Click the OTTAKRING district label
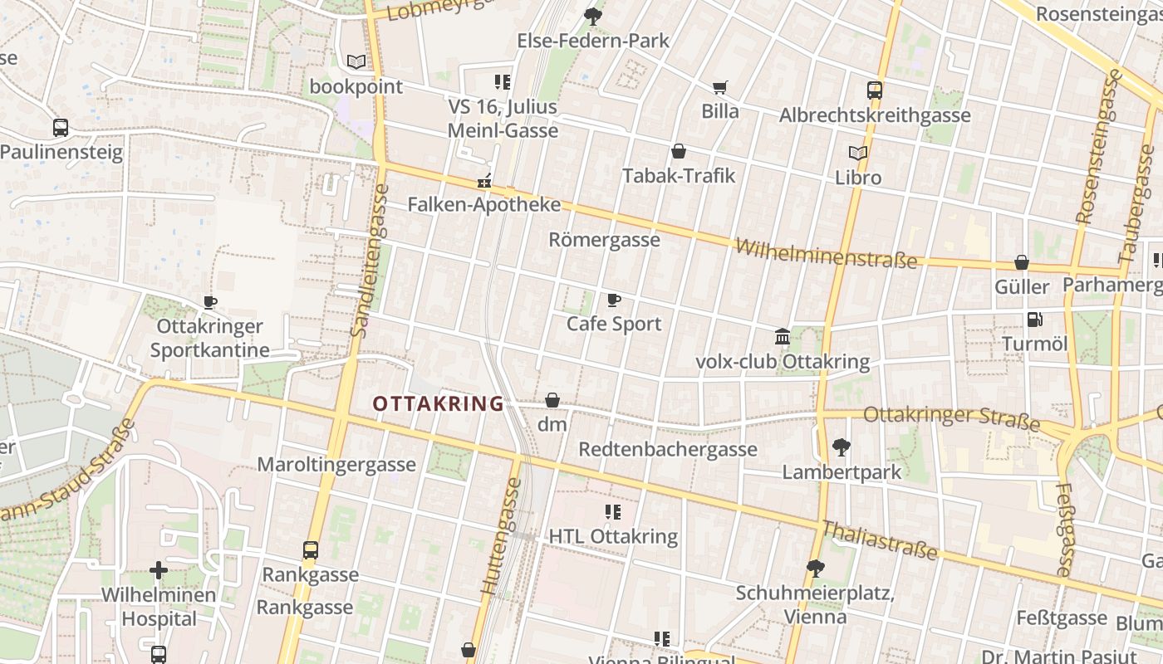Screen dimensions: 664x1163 pyautogui.click(x=438, y=404)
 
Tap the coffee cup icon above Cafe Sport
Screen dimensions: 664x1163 pyautogui.click(x=614, y=300)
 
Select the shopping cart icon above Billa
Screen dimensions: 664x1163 pyautogui.click(x=719, y=87)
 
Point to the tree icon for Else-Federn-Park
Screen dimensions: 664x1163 pyautogui.click(x=592, y=15)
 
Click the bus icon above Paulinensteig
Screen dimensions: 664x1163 pyautogui.click(x=61, y=128)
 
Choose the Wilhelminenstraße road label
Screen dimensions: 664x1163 pyautogui.click(x=827, y=253)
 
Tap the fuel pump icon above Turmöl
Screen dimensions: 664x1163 pyautogui.click(x=1034, y=319)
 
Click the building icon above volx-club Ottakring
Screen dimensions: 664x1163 pyautogui.click(x=783, y=337)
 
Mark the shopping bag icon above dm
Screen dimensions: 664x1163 pyautogui.click(x=552, y=401)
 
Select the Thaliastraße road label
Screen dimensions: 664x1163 pyautogui.click(x=879, y=539)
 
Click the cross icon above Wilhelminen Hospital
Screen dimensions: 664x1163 pyautogui.click(x=159, y=570)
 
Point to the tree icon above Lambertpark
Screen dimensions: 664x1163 pyautogui.click(x=841, y=447)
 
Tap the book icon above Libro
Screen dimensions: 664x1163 pyautogui.click(x=858, y=153)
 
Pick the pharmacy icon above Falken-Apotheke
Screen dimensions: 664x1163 pyautogui.click(x=484, y=180)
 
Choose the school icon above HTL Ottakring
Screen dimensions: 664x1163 pyautogui.click(x=613, y=512)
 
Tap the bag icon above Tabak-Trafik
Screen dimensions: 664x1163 pyautogui.click(x=679, y=151)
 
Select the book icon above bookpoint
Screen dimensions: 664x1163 pyautogui.click(x=356, y=61)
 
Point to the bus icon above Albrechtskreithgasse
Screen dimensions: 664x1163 pyautogui.click(x=874, y=90)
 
